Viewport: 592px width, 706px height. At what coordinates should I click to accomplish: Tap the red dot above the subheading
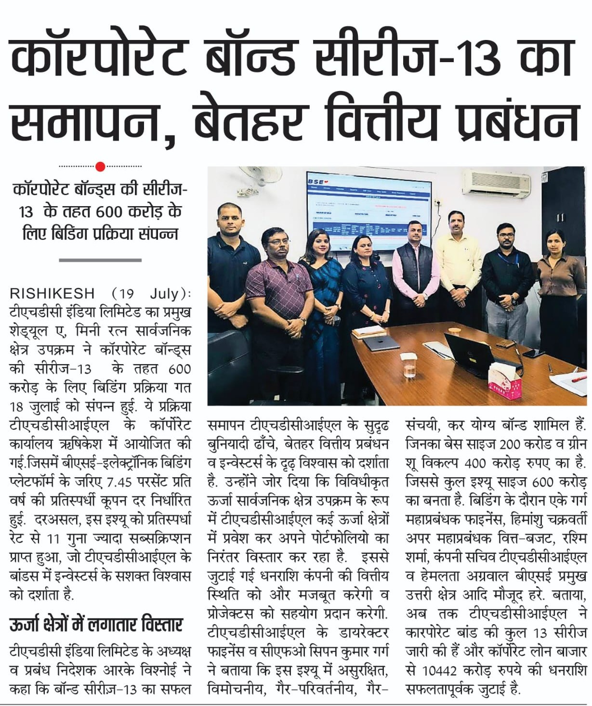pyautogui.click(x=100, y=167)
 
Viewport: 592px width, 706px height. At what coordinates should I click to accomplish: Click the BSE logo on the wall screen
pyautogui.click(x=316, y=181)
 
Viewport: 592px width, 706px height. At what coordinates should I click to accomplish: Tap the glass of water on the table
pyautogui.click(x=409, y=364)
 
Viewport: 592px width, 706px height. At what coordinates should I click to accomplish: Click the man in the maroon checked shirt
pyautogui.click(x=277, y=289)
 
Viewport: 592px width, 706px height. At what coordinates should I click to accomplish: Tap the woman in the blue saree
pyautogui.click(x=321, y=289)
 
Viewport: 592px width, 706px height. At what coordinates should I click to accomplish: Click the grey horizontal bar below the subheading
pyautogui.click(x=100, y=260)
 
